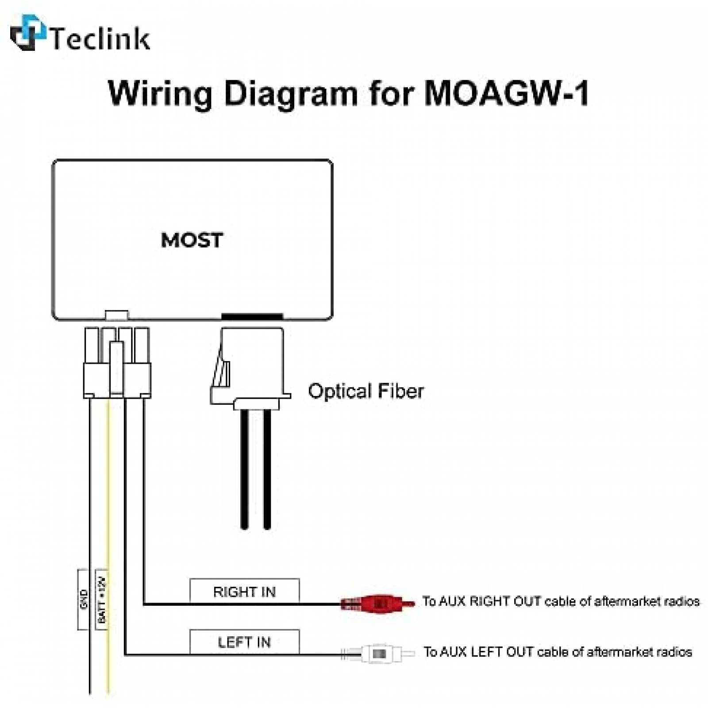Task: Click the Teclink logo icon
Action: point(27,33)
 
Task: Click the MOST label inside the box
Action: point(192,240)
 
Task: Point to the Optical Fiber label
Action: point(366,391)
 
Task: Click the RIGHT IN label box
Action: point(244,591)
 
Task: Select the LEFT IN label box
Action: point(244,642)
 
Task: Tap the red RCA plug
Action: point(378,603)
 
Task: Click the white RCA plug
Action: point(379,653)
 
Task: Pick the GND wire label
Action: point(84,599)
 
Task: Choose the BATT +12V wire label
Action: point(102,599)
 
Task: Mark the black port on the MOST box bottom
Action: point(252,316)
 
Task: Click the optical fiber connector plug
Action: point(250,367)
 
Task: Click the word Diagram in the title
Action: point(291,94)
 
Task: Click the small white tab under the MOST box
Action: point(117,315)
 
